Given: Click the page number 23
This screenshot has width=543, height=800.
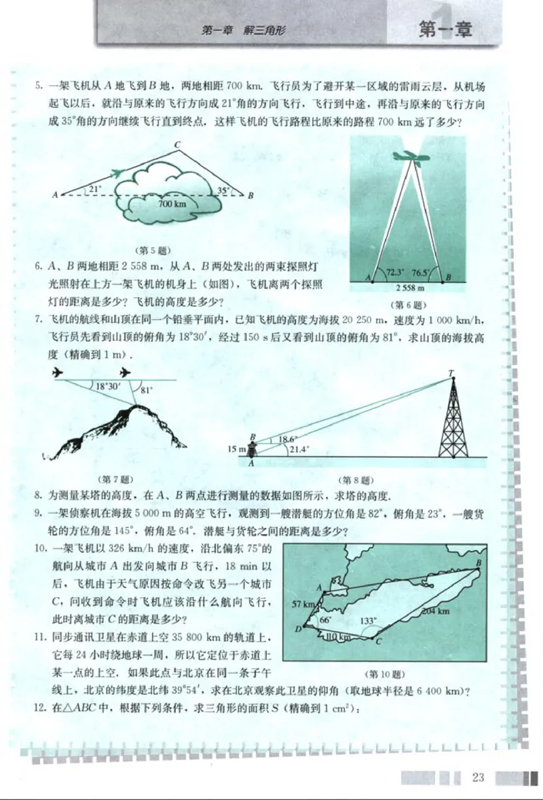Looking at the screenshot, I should (x=478, y=777).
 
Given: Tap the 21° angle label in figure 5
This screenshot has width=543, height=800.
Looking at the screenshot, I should (x=94, y=189).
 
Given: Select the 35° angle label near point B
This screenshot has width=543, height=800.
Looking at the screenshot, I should (x=223, y=191).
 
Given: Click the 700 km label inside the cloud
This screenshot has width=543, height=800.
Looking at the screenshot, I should (x=172, y=203).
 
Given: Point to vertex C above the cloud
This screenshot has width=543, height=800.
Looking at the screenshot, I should (x=177, y=145).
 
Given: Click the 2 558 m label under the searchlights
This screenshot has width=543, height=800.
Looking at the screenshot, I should (x=410, y=288).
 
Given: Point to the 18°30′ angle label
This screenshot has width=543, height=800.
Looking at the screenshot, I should (x=108, y=386).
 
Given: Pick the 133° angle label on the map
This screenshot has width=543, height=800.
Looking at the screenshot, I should (x=369, y=620).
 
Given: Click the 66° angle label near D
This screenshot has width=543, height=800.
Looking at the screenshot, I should (x=324, y=620).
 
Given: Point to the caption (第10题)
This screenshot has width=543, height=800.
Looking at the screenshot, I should (x=385, y=674).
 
